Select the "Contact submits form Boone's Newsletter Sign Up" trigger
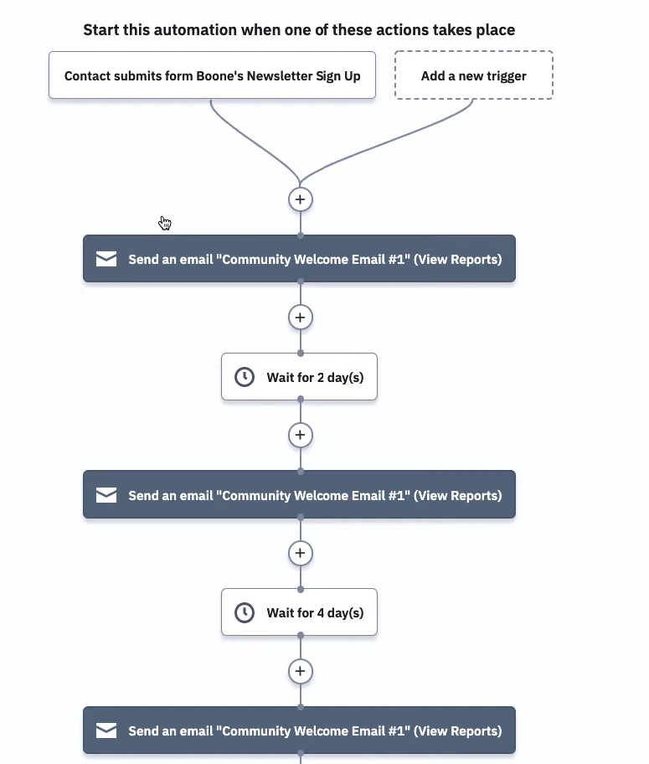(212, 75)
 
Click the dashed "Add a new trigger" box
(474, 75)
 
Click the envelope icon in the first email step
(106, 259)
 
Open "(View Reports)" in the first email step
(457, 259)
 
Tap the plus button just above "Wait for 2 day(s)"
(300, 317)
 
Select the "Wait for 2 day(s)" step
(299, 377)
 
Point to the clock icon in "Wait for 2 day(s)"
(245, 377)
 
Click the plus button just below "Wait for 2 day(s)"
(300, 435)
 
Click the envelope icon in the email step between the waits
(106, 495)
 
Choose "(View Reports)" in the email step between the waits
(457, 496)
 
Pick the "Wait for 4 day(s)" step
(299, 612)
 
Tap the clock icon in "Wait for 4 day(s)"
(245, 612)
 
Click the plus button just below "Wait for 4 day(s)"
(300, 671)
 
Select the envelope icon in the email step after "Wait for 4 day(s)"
(106, 730)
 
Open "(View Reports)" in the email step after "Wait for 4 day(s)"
(457, 730)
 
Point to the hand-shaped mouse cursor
(165, 223)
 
